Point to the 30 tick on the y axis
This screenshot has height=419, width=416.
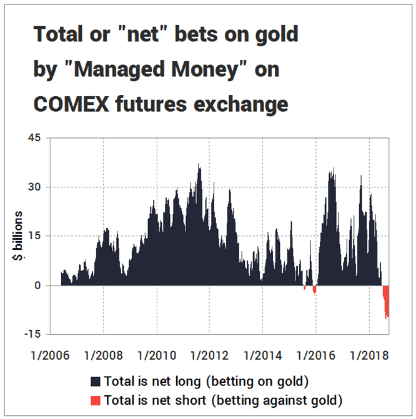34,187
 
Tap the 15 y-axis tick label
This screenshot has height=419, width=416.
34,236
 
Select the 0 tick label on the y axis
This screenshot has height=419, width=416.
37,285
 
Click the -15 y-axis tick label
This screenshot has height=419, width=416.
31,335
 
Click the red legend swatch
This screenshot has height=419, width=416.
95,400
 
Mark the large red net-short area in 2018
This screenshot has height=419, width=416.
386,300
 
